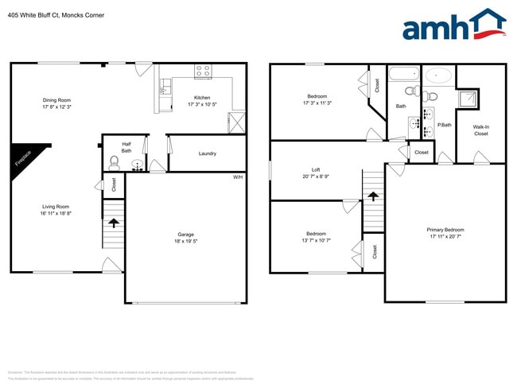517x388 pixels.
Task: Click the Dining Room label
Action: coord(57,100)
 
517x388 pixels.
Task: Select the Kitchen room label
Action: coord(202,98)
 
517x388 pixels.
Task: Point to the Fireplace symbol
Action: coord(22,158)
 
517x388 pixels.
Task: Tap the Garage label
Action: coord(186,235)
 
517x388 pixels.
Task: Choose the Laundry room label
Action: coord(208,153)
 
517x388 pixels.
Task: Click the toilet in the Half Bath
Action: coord(114,165)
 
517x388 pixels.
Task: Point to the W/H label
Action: coord(237,177)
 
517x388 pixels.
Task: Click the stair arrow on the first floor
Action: coord(113,223)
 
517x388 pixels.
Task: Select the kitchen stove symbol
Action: coord(202,71)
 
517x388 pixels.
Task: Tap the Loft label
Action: coord(316,169)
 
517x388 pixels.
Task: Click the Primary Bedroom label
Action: coord(445,230)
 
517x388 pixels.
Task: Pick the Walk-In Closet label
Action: coord(481,130)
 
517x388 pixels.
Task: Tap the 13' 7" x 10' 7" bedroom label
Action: coord(316,240)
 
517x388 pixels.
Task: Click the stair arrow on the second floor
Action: coord(371,195)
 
